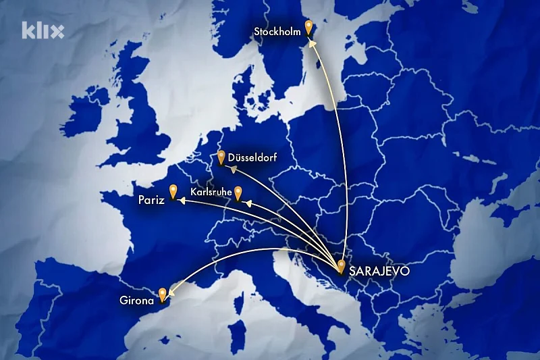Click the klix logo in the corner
point(43,30)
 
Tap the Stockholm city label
point(277,31)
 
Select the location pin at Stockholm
point(308,28)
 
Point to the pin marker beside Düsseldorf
point(221,157)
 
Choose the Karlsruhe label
point(212,192)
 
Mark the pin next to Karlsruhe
point(238,193)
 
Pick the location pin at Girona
point(163,294)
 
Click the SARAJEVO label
point(379,272)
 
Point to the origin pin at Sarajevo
point(342,266)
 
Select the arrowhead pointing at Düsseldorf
point(233,169)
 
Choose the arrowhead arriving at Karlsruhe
point(246,202)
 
